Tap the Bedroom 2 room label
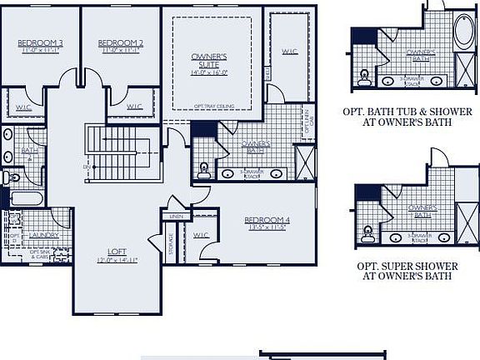tap(120, 42)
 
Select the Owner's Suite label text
tap(208, 61)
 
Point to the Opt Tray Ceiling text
tap(212, 106)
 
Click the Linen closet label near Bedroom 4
tap(176, 217)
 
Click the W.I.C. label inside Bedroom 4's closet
tap(200, 235)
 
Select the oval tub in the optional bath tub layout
tap(463, 34)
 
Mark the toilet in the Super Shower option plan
tap(365, 234)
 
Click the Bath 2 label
tap(26, 152)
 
